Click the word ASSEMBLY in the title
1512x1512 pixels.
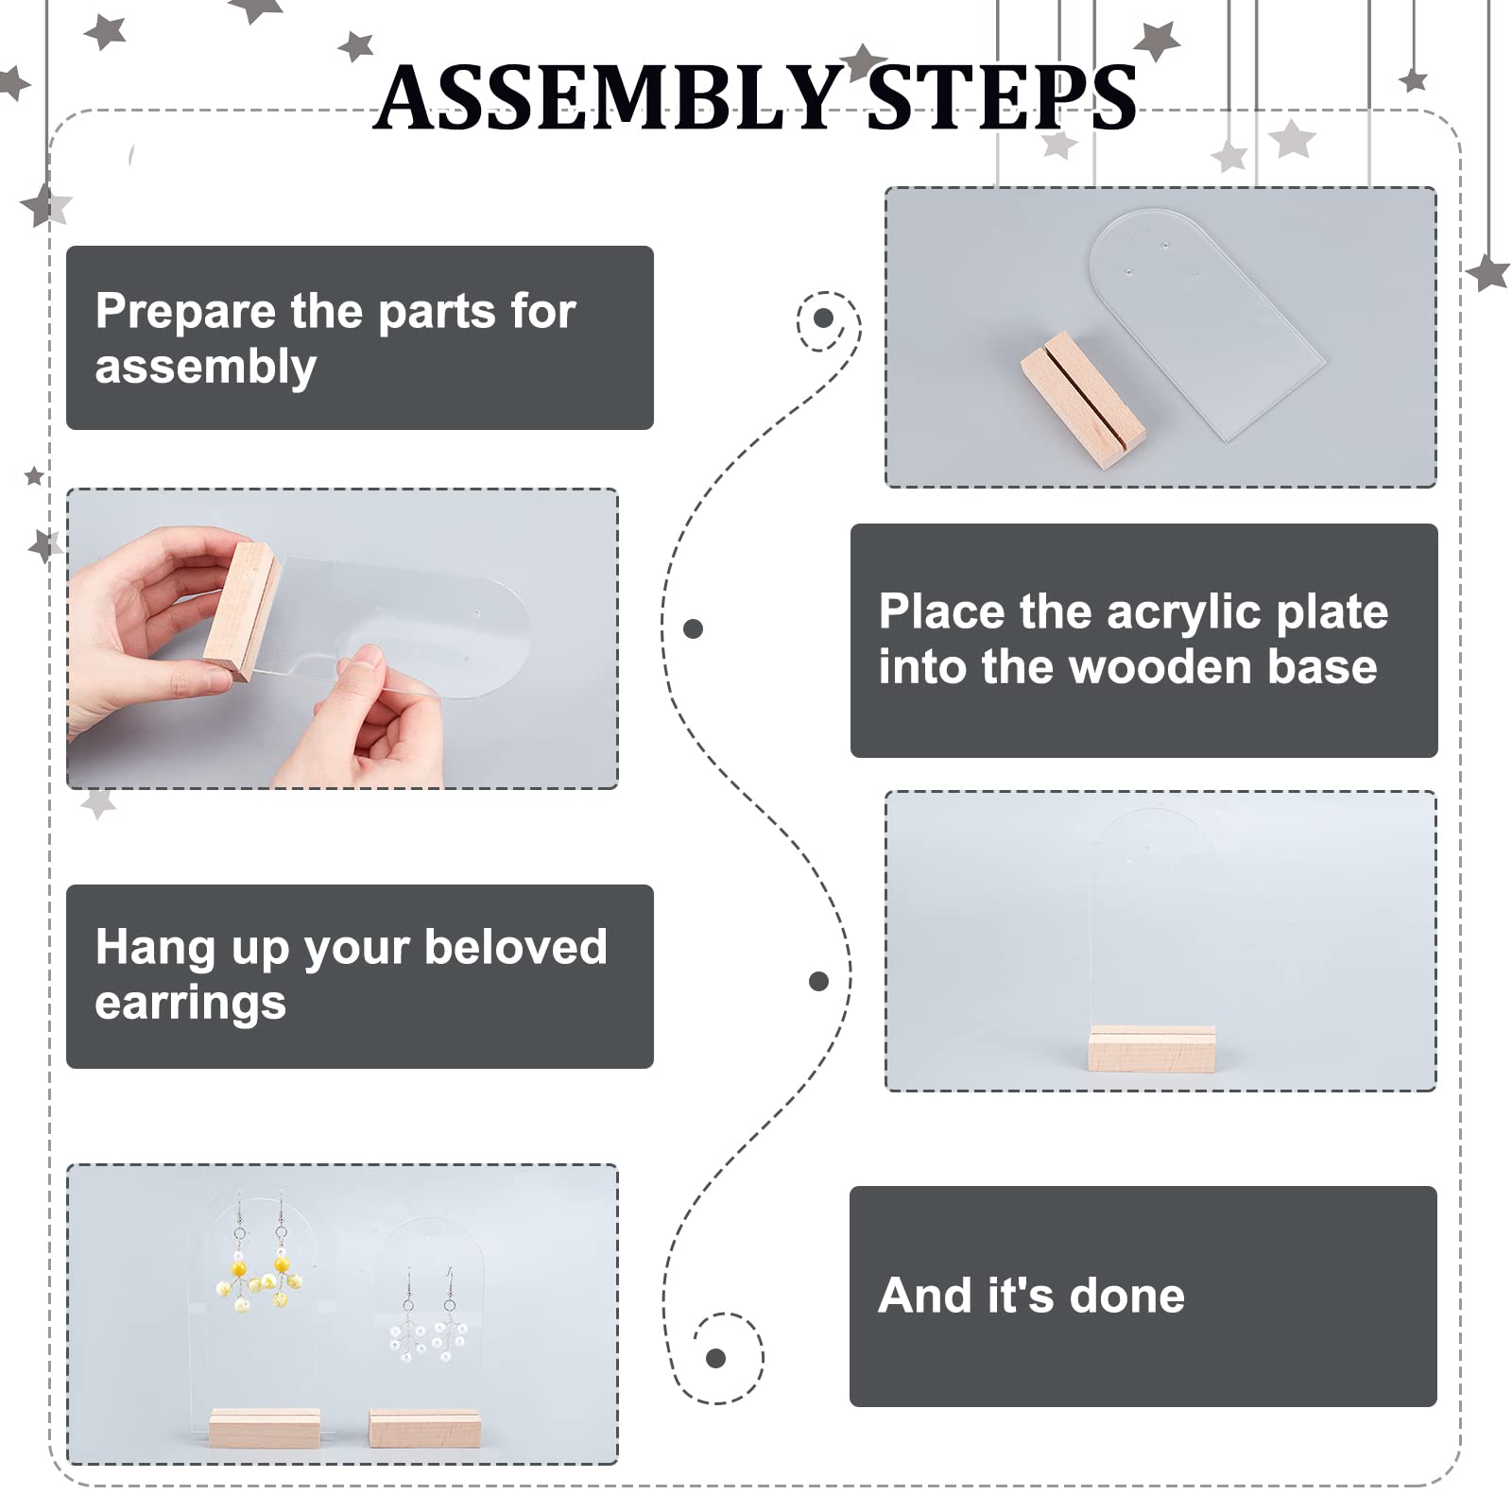click(x=607, y=97)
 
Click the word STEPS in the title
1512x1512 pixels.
click(x=1002, y=97)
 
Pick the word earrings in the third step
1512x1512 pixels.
click(x=190, y=1004)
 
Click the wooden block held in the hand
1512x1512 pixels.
click(x=240, y=610)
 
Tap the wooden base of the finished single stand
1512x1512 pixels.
click(x=1152, y=1049)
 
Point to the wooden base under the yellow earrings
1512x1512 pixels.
click(x=265, y=1427)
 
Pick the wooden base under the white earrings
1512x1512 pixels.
click(x=424, y=1428)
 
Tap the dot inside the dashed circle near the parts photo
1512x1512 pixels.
click(x=823, y=318)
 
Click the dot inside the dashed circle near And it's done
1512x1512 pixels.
click(x=715, y=1359)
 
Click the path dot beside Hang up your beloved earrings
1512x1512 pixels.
click(x=819, y=982)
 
